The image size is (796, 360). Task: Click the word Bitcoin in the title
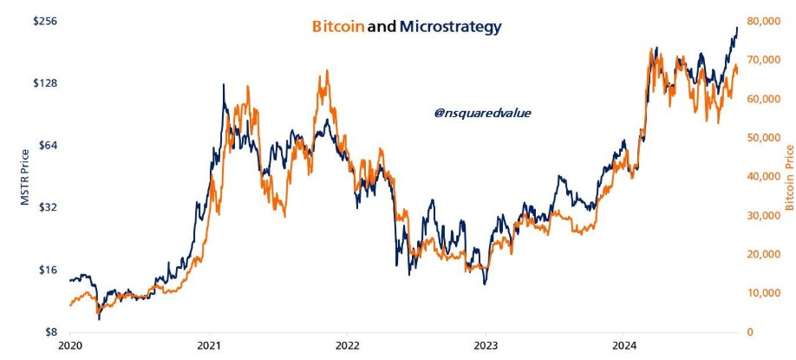coord(337,27)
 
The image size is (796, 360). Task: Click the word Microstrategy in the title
coord(450,27)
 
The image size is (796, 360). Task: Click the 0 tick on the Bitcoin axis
coord(748,332)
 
